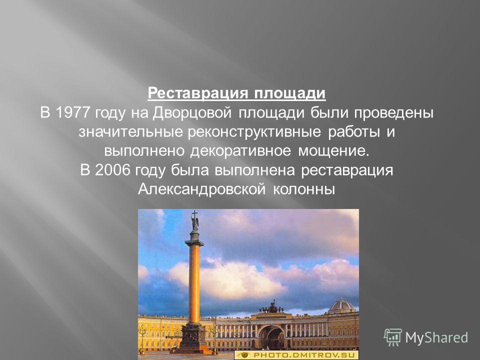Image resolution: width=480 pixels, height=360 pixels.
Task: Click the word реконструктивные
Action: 254,132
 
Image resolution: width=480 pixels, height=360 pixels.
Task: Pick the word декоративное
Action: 240,151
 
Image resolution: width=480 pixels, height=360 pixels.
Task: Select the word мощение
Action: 333,151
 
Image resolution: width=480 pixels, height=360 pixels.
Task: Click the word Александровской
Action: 201,189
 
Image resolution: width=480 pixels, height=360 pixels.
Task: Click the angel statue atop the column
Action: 194,221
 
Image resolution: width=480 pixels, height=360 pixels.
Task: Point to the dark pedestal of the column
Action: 193,338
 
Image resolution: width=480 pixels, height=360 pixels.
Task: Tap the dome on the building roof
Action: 341,306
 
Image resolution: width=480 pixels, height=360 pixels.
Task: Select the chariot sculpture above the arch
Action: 271,307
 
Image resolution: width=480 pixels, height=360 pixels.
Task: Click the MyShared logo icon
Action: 393,337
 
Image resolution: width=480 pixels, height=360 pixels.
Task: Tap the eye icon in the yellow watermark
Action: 244,355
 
